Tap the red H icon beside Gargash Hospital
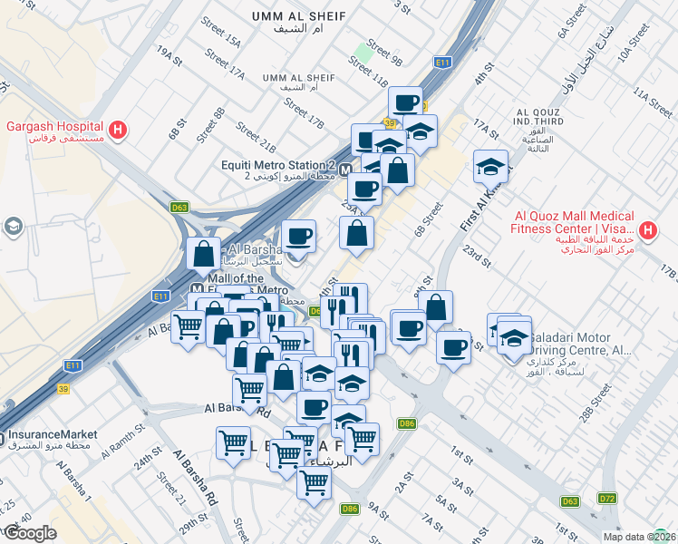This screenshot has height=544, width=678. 118,131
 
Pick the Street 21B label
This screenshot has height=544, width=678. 255,136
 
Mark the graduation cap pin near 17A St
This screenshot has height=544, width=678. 490,167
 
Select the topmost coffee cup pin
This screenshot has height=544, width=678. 405,102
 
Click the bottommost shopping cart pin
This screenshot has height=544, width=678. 314,483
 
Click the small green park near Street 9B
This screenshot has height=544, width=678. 365,52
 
